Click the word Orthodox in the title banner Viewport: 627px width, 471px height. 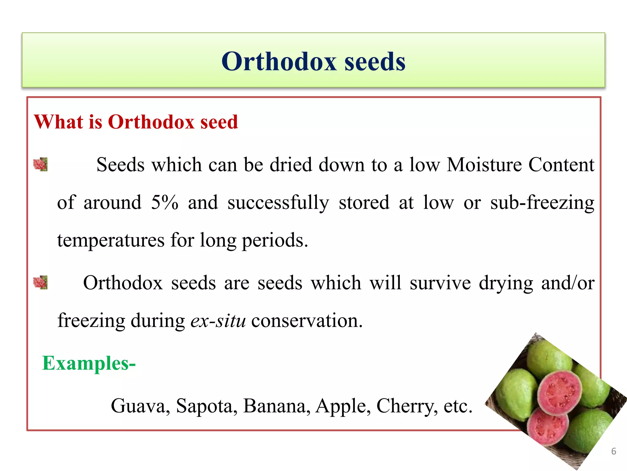coord(279,61)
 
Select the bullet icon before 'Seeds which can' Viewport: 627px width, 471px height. coord(40,164)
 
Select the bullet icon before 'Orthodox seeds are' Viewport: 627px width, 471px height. coord(40,282)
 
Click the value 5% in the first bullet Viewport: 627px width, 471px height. coord(164,202)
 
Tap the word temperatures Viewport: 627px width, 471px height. coord(111,240)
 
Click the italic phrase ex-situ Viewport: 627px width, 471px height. coord(218,321)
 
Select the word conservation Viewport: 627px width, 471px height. coord(307,321)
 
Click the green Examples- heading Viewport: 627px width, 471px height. coord(89,363)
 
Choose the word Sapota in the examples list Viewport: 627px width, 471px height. coord(207,406)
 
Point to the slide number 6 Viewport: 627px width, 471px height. coord(614,451)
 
